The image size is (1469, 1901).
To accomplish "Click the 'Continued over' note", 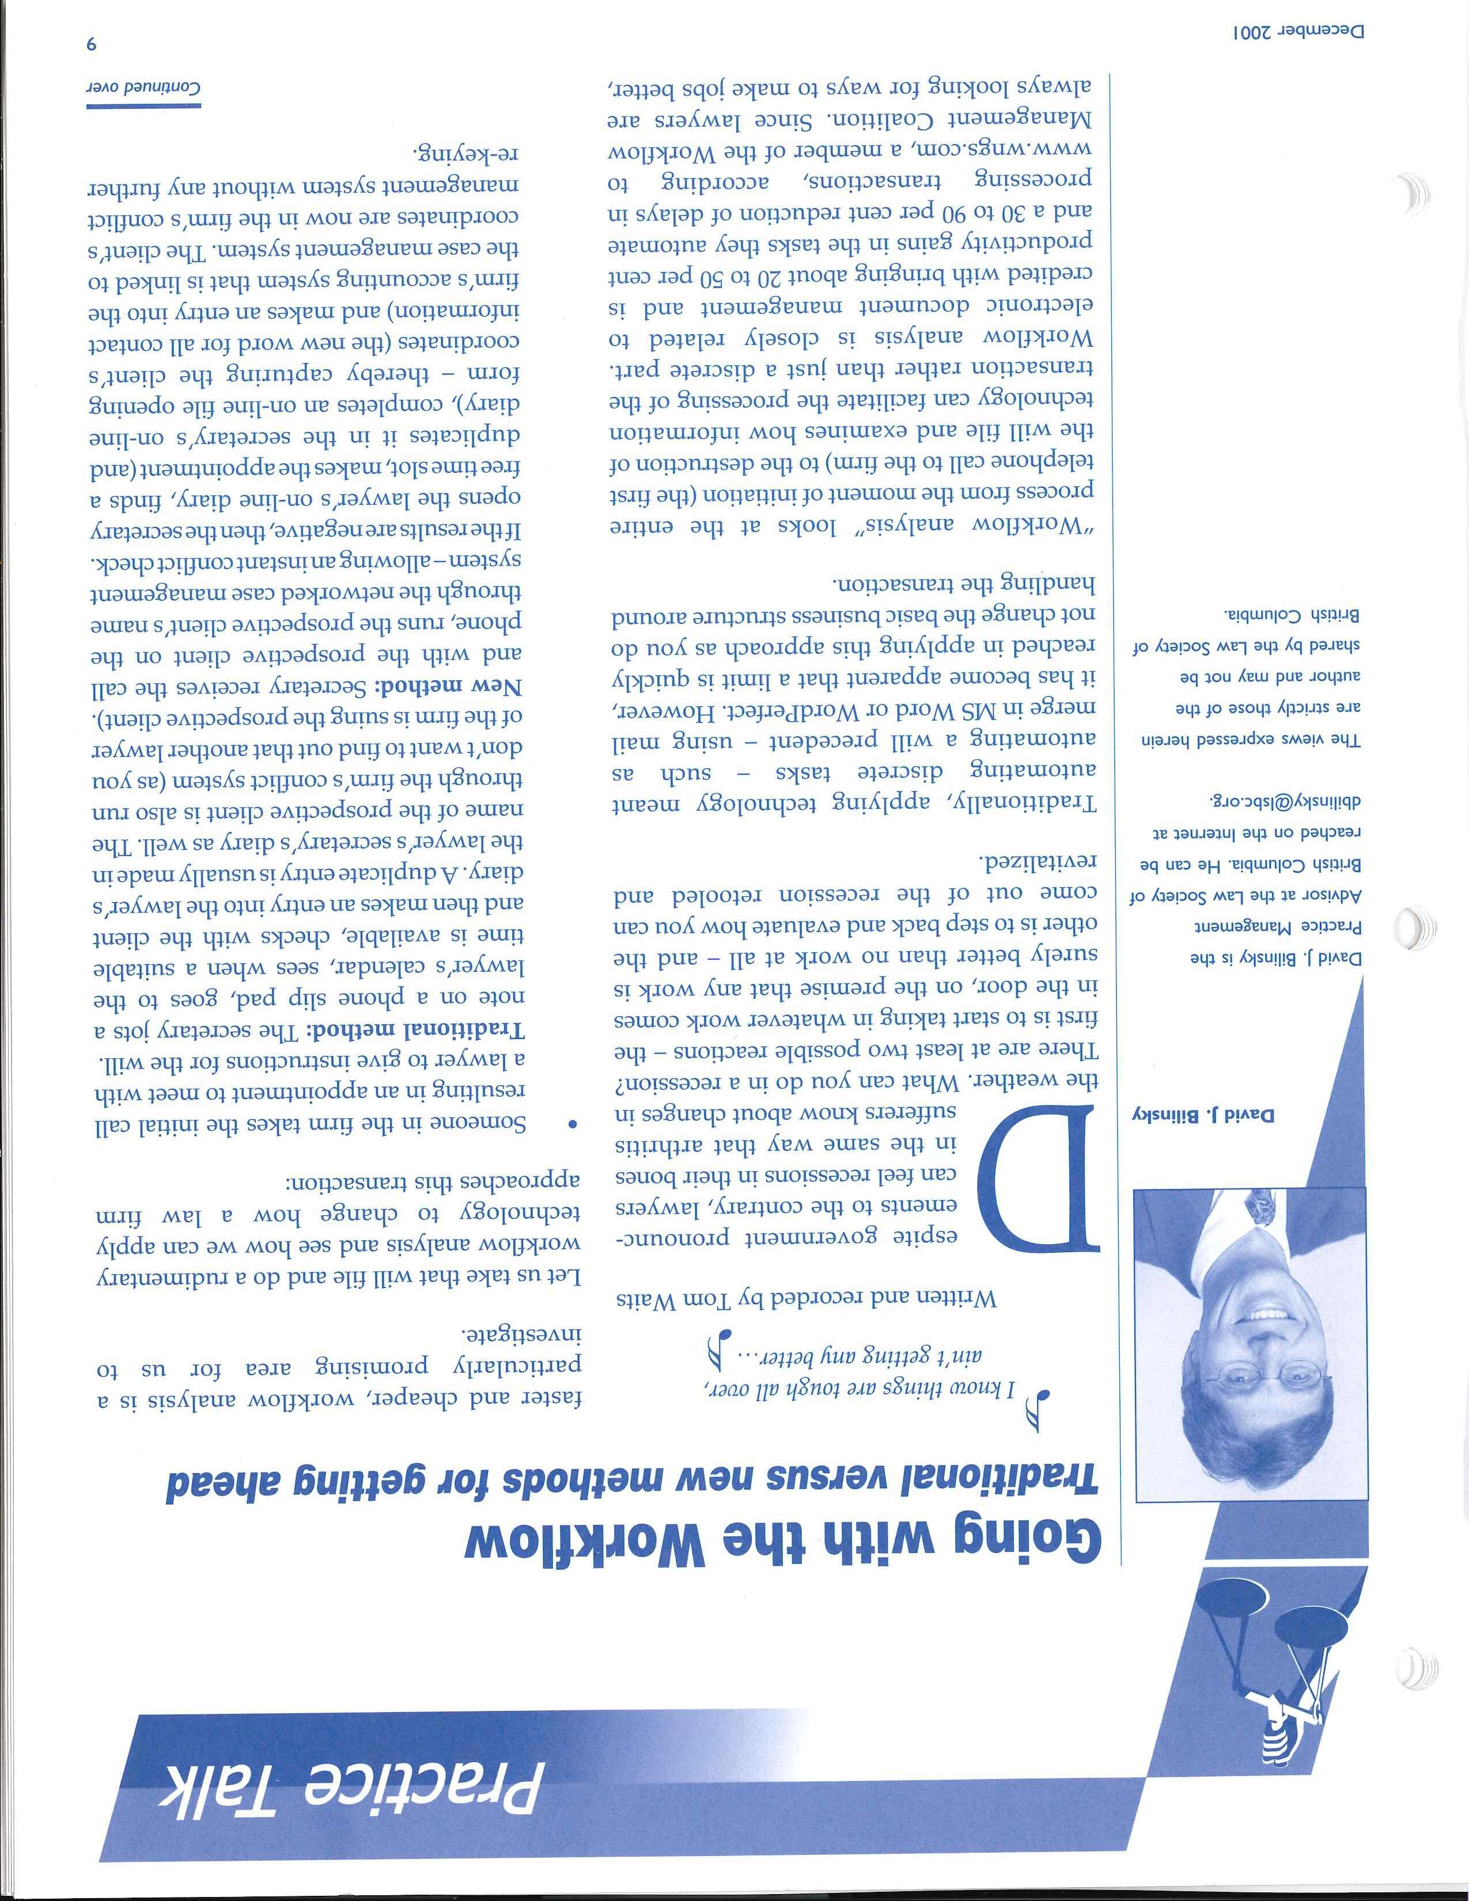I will pyautogui.click(x=143, y=89).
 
